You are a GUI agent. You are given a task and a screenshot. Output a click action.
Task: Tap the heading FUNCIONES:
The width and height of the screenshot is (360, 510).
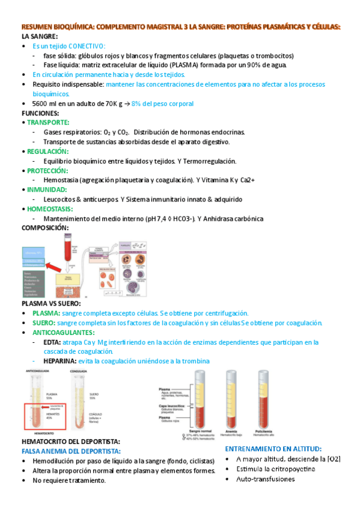pyautogui.click(x=40, y=113)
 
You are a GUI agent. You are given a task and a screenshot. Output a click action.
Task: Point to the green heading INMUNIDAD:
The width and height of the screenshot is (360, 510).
pyautogui.click(x=45, y=190)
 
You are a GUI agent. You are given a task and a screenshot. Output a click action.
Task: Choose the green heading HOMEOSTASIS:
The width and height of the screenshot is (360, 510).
pyautogui.click(x=50, y=209)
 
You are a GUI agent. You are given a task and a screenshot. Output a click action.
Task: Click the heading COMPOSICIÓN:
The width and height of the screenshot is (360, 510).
pyautogui.click(x=45, y=229)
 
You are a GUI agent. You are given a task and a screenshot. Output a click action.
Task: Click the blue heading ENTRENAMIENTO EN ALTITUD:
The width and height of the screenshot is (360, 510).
pyautogui.click(x=273, y=448)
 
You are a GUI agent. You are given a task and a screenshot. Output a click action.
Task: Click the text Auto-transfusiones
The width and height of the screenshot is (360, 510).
pyautogui.click(x=261, y=479)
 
